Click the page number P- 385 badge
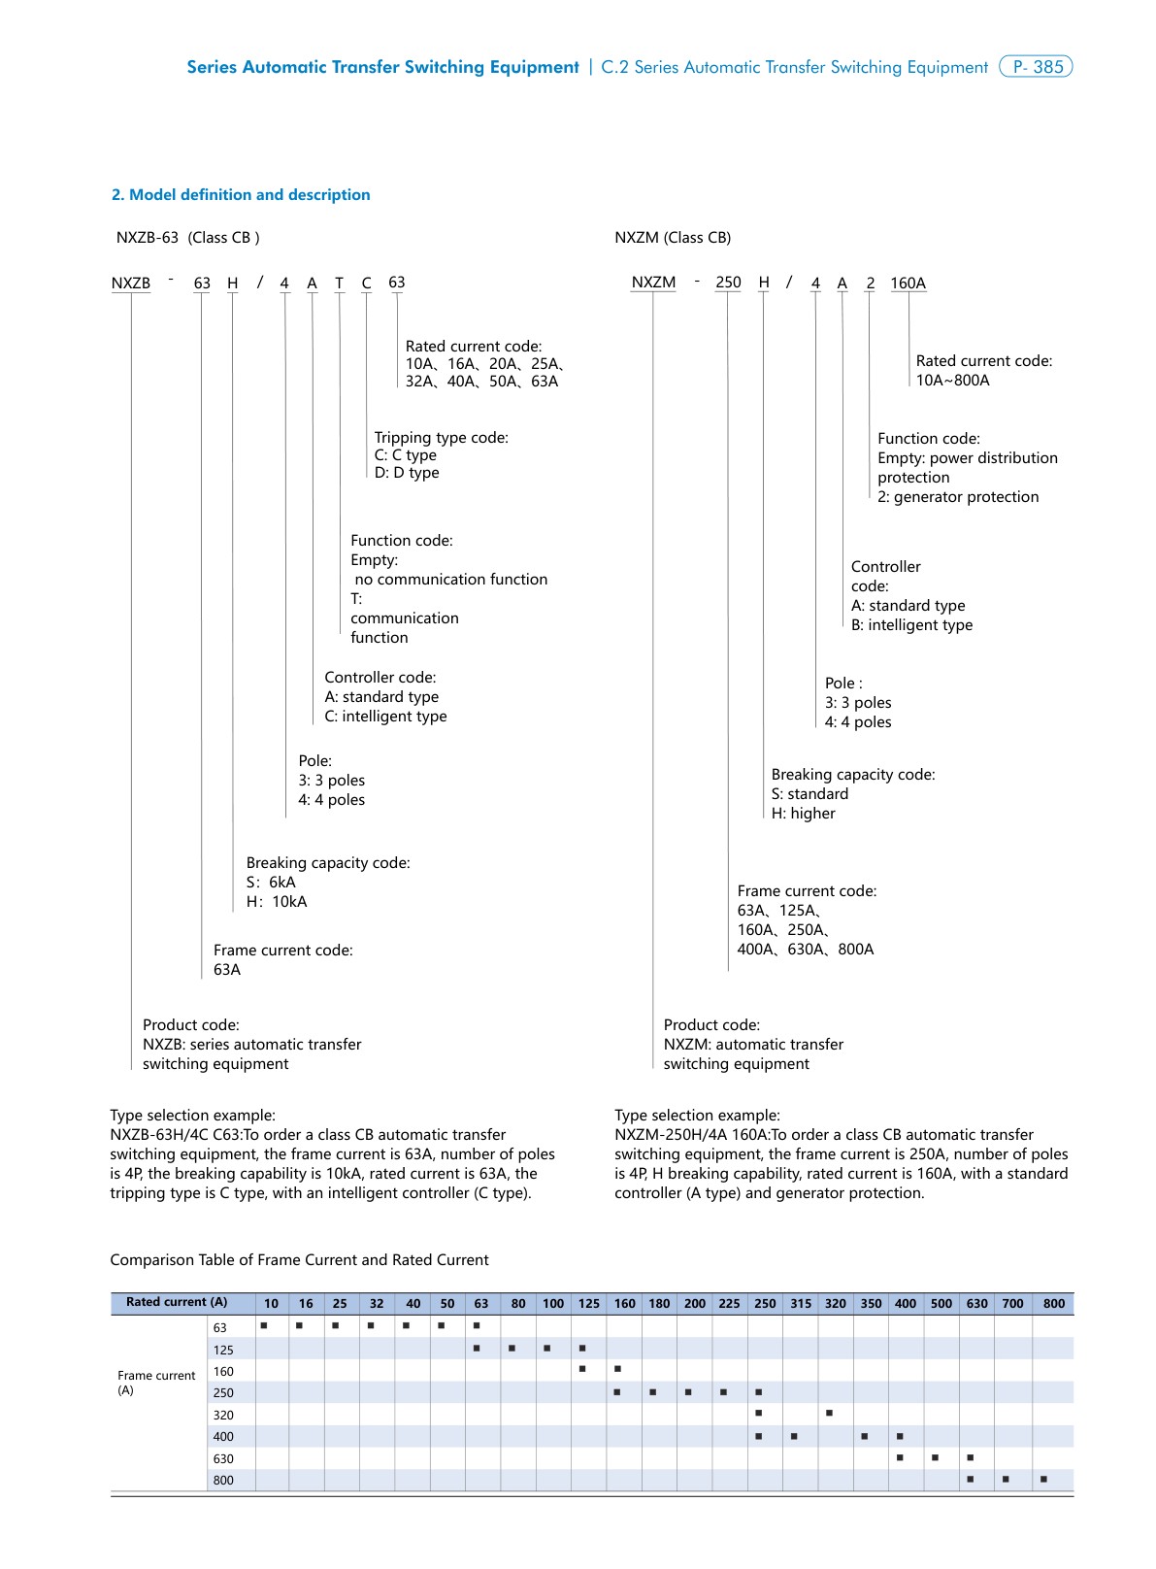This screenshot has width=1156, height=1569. (x=1036, y=67)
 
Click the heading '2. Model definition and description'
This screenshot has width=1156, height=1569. (x=241, y=195)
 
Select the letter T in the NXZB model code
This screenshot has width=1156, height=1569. (x=339, y=284)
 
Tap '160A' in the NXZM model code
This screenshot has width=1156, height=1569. (x=908, y=284)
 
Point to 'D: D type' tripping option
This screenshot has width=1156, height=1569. (x=407, y=473)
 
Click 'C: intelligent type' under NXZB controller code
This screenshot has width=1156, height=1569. (x=385, y=717)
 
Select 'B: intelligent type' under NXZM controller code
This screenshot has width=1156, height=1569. (x=911, y=625)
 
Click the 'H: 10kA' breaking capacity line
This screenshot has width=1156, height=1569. (x=277, y=902)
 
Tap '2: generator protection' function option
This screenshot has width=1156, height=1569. (x=958, y=497)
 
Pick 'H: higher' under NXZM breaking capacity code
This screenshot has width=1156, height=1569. (x=803, y=814)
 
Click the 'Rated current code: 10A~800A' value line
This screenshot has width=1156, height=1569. (x=952, y=381)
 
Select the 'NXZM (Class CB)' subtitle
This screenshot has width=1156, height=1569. (x=673, y=238)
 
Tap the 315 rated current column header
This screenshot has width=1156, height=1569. (x=801, y=1304)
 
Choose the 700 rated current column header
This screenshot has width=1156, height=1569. (x=1012, y=1304)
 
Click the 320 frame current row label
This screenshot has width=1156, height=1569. (x=223, y=1416)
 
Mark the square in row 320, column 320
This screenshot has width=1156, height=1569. (x=829, y=1414)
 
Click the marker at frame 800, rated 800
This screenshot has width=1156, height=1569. (x=1043, y=1480)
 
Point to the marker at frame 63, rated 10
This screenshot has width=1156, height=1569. (x=264, y=1325)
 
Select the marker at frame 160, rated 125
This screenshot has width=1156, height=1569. (x=582, y=1370)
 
